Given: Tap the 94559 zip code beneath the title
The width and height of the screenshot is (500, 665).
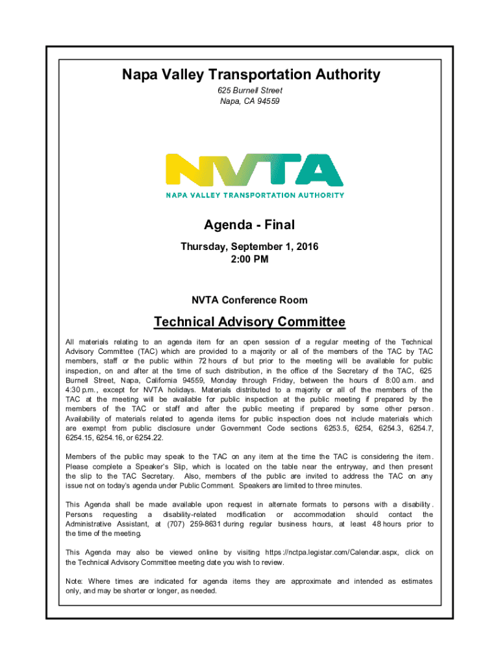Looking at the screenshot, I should click(x=267, y=101).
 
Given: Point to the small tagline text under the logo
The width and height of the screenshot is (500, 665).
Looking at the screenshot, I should click(x=255, y=194).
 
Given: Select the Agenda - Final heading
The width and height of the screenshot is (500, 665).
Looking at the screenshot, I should click(x=249, y=225).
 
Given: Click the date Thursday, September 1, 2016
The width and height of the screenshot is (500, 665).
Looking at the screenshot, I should click(x=249, y=247).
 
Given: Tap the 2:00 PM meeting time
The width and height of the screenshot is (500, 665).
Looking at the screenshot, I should click(x=249, y=259).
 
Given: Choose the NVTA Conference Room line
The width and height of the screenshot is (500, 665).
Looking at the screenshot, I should click(x=249, y=300).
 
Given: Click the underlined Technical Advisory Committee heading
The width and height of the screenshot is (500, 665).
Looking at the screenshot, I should click(x=249, y=322).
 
